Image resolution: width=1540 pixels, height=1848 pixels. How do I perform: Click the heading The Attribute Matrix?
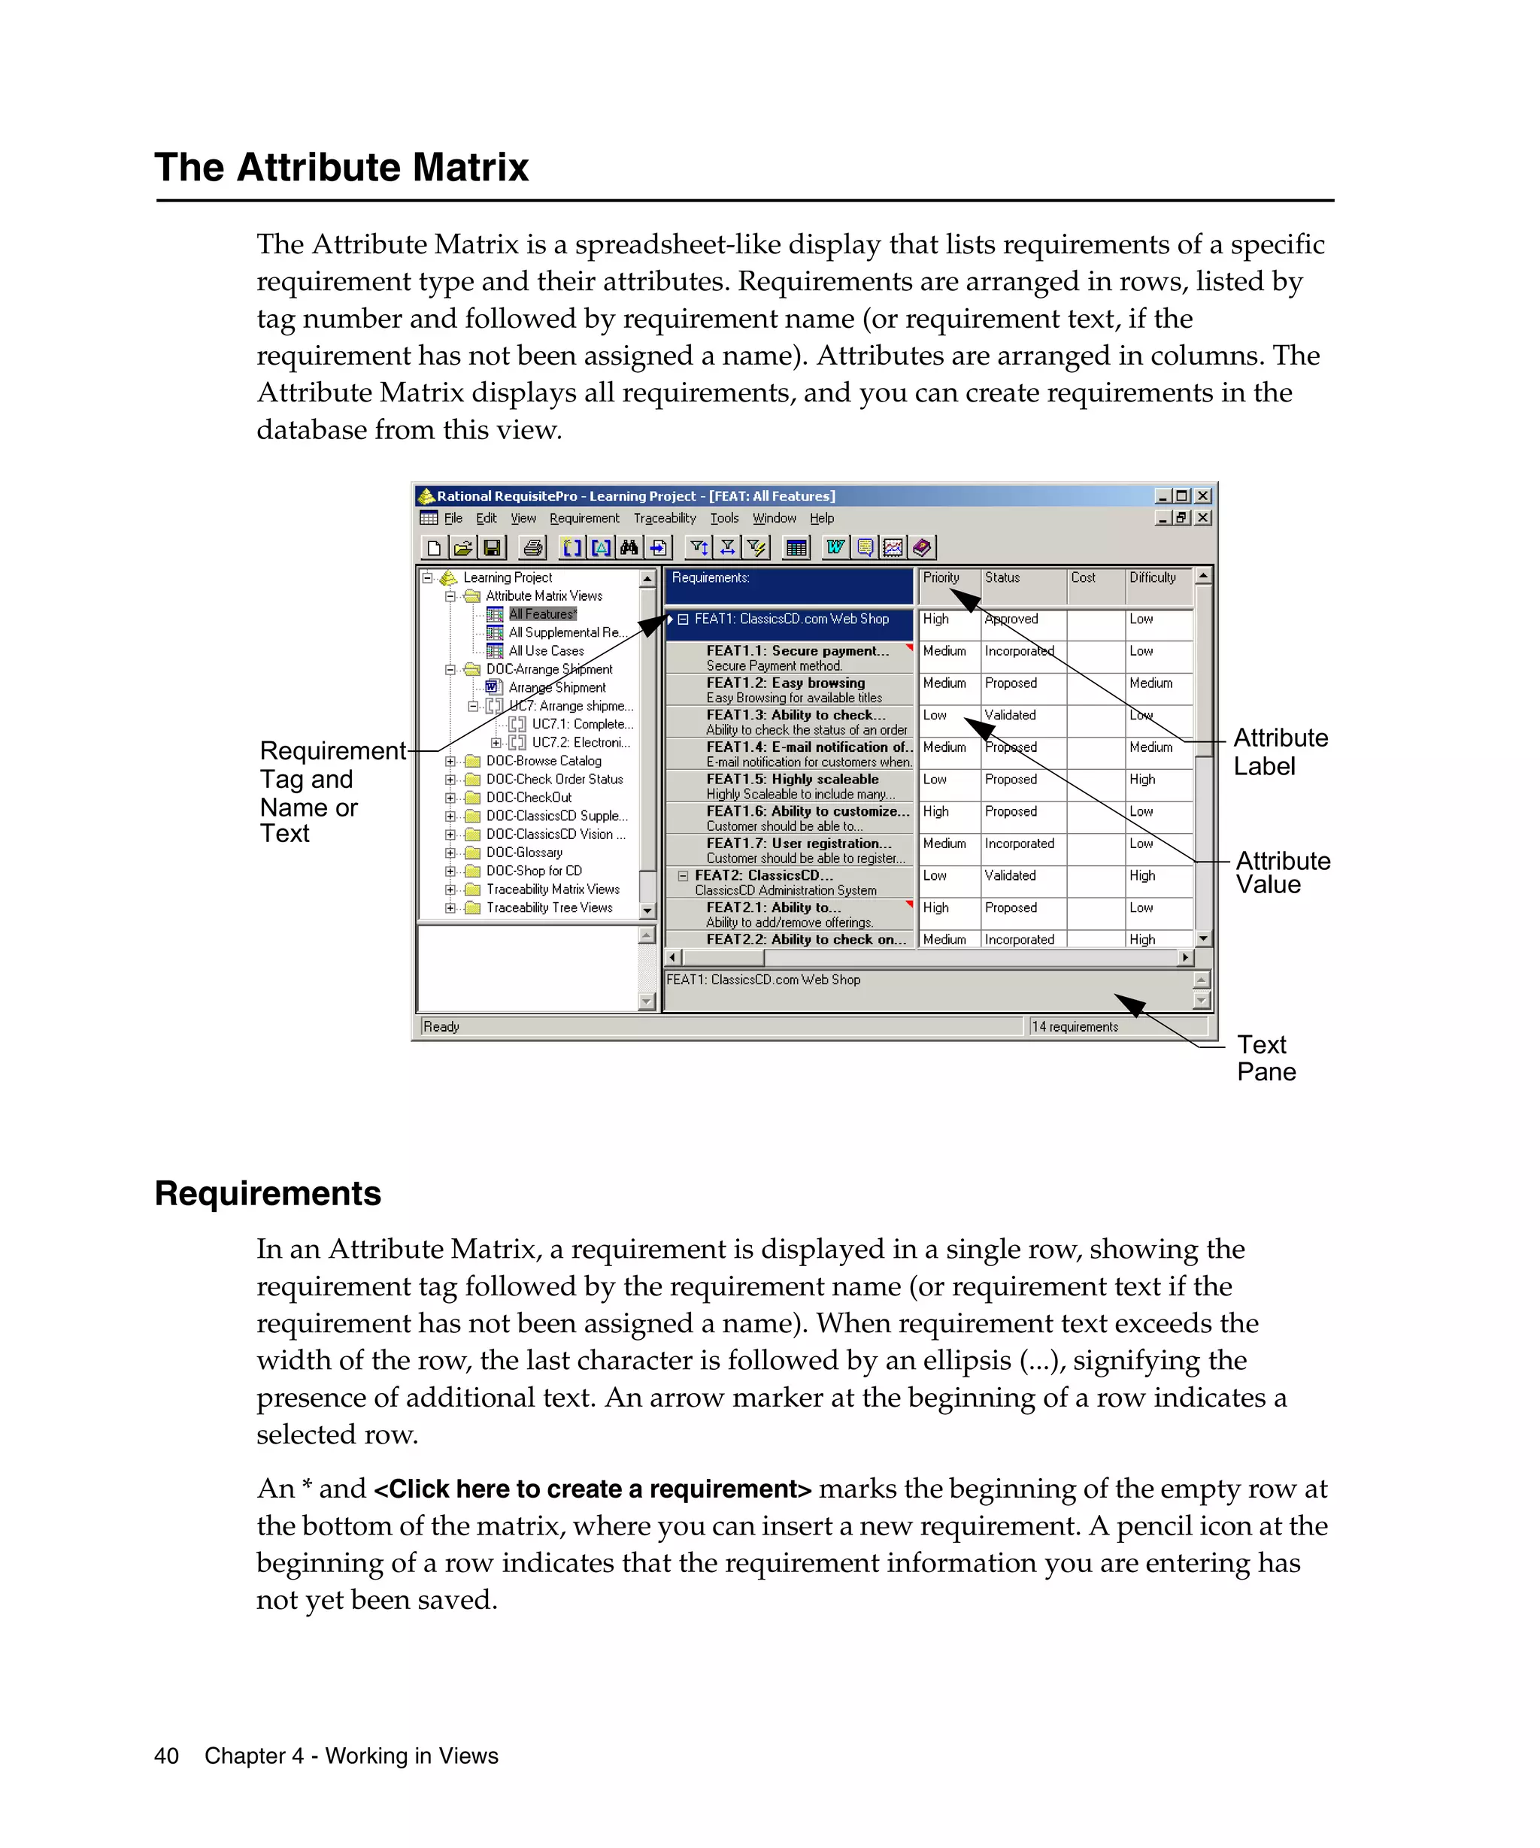[x=341, y=167]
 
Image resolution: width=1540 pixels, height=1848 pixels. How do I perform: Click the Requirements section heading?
[x=268, y=1193]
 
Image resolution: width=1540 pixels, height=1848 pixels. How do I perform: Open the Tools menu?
[x=723, y=518]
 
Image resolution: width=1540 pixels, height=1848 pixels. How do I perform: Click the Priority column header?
[x=941, y=577]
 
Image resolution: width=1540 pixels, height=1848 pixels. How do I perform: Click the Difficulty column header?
[x=1152, y=577]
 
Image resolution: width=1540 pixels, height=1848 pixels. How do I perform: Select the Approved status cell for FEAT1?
[x=1011, y=619]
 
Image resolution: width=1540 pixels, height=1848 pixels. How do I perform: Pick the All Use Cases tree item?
[x=546, y=650]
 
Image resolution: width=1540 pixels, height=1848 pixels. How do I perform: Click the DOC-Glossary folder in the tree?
[x=523, y=852]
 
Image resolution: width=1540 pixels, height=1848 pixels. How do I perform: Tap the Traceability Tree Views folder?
[x=549, y=907]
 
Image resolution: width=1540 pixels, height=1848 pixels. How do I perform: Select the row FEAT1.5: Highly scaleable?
[x=792, y=779]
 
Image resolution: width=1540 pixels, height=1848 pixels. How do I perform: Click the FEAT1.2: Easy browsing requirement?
[x=785, y=683]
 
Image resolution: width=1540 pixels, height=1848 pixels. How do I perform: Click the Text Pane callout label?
[x=1266, y=1058]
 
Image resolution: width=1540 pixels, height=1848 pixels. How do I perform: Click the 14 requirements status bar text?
[x=1075, y=1026]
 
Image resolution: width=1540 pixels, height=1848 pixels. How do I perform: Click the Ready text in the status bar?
[x=441, y=1026]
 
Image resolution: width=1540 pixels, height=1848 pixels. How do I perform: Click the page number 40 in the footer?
[x=166, y=1756]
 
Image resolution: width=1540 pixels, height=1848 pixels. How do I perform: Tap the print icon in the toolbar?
[x=532, y=547]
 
